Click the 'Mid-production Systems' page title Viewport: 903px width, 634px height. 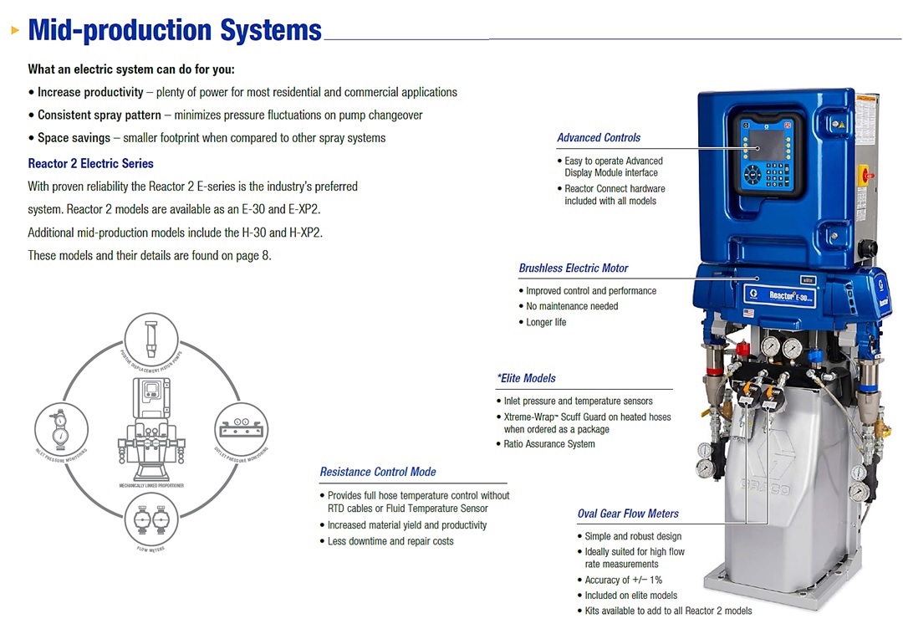pyautogui.click(x=175, y=30)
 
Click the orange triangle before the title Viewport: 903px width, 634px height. pyautogui.click(x=15, y=31)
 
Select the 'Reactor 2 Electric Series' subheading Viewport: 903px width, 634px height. pyautogui.click(x=90, y=163)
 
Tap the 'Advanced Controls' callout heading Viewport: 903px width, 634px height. pyautogui.click(x=599, y=137)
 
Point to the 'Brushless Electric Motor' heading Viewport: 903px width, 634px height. pyautogui.click(x=573, y=268)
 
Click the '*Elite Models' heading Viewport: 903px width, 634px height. pyautogui.click(x=527, y=378)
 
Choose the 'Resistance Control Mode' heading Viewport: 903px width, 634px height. pyautogui.click(x=377, y=472)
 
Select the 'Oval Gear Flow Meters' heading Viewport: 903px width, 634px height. pyautogui.click(x=628, y=514)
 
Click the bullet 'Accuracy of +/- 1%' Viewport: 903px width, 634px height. pyautogui.click(x=623, y=580)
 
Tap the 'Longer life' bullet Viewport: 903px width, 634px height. pyautogui.click(x=546, y=322)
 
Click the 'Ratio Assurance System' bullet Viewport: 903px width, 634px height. pyautogui.click(x=549, y=444)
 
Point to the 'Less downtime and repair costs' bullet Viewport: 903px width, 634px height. pyautogui.click(x=390, y=541)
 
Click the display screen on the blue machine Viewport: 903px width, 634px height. pyautogui.click(x=768, y=145)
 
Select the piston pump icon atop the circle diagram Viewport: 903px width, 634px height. pyautogui.click(x=151, y=340)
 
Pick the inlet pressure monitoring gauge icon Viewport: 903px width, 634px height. pyautogui.click(x=61, y=428)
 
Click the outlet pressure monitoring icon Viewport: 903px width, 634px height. pyautogui.click(x=242, y=428)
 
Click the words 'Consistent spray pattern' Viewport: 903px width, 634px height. pyautogui.click(x=99, y=115)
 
